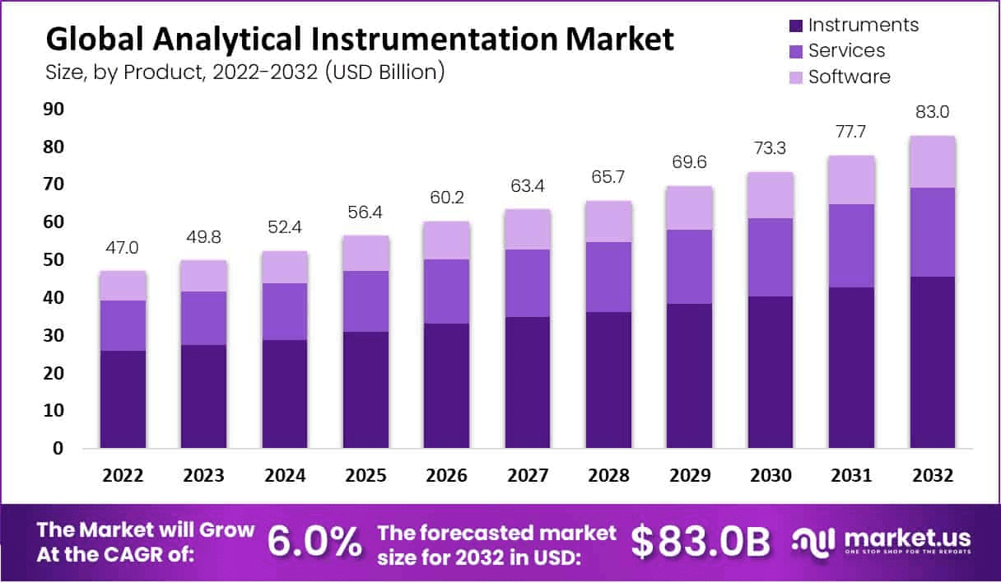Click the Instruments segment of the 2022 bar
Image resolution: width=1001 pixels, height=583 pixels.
(x=123, y=399)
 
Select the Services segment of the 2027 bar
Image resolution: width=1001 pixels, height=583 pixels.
(x=528, y=283)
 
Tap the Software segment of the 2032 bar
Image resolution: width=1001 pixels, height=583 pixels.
(x=933, y=161)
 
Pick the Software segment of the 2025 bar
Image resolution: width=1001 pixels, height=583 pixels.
(x=365, y=253)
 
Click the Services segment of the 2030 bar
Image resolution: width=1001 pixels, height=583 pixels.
(x=771, y=257)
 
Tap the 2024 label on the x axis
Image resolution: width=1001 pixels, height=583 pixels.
(x=285, y=476)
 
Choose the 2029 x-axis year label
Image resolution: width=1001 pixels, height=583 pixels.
(x=690, y=476)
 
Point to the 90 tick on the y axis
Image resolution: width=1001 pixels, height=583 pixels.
(x=54, y=110)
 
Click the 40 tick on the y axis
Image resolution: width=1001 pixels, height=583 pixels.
(x=54, y=298)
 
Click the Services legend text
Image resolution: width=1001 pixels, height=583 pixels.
(x=846, y=50)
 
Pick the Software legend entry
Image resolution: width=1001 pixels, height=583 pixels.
(x=849, y=77)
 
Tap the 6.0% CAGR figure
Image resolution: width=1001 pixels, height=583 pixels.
(x=314, y=542)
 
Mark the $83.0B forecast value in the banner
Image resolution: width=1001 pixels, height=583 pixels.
(x=701, y=542)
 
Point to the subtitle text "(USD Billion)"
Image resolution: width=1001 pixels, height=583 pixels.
(x=384, y=72)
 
